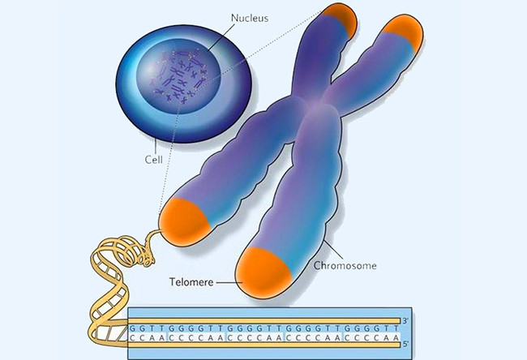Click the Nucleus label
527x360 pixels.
point(250,18)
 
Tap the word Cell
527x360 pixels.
point(153,160)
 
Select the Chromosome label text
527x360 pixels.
point(345,266)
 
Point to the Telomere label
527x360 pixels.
point(191,281)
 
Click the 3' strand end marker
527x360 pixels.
point(405,320)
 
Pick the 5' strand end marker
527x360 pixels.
point(405,345)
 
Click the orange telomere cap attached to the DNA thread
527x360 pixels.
point(184,222)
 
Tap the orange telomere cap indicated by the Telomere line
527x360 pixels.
point(263,273)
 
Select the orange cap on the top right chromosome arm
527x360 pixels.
point(405,32)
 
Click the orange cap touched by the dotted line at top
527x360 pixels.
point(341,19)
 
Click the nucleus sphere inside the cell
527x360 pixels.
point(178,76)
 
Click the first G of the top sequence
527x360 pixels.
point(133,328)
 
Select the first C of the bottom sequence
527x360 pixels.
point(133,337)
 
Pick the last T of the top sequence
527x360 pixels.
point(396,328)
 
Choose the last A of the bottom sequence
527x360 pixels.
point(396,337)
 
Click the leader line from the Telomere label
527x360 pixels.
point(229,282)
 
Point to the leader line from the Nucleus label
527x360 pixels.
point(221,37)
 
